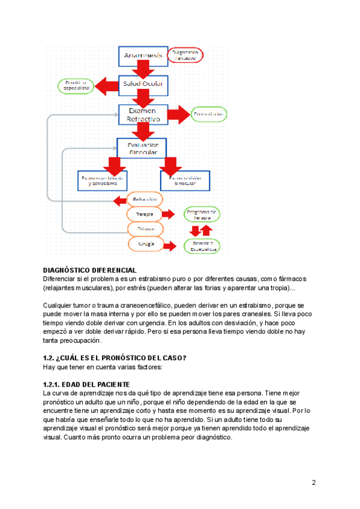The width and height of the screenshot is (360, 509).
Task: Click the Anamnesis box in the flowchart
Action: click(x=143, y=56)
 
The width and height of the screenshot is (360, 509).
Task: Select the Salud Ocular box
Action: click(x=143, y=84)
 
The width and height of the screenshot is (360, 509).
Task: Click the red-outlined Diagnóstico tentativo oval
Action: click(x=186, y=55)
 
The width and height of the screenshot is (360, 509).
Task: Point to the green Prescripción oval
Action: click(x=209, y=113)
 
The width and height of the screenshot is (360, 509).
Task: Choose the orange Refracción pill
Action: click(x=144, y=199)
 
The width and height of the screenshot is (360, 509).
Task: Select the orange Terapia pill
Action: click(x=144, y=214)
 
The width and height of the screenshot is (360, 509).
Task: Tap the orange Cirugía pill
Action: click(x=144, y=244)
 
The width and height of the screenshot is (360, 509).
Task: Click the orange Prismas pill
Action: click(x=144, y=229)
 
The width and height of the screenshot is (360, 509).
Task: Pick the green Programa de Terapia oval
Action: click(x=201, y=215)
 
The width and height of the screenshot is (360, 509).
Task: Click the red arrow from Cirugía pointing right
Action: click(x=171, y=245)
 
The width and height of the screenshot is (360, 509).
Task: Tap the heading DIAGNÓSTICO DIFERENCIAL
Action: click(x=90, y=271)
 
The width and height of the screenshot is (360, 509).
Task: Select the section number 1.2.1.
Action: click(x=52, y=384)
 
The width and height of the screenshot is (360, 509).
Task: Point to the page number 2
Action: click(x=314, y=483)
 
